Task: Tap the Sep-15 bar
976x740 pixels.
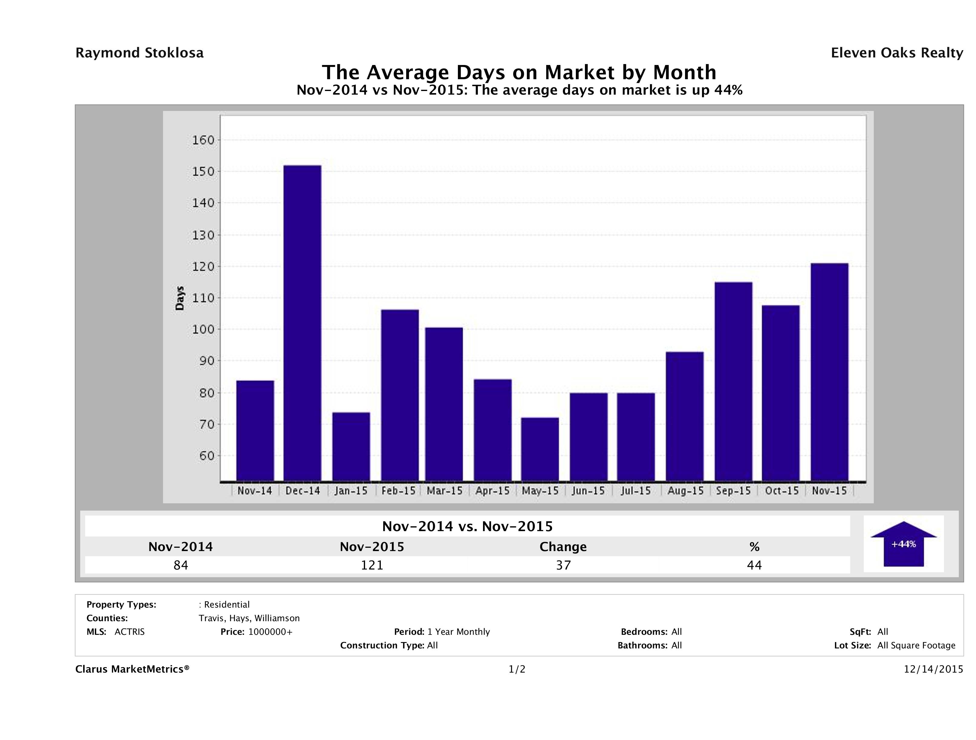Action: click(733, 381)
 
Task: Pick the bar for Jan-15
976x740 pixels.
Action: click(351, 446)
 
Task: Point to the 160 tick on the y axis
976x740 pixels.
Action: click(203, 140)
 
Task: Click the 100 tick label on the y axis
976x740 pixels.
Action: click(203, 329)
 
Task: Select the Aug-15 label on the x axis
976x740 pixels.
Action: click(685, 491)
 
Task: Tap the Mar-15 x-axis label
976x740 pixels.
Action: click(444, 491)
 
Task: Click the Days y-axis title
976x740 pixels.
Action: click(180, 298)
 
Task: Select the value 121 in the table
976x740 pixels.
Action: click(372, 565)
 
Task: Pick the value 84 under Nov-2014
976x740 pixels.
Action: click(181, 565)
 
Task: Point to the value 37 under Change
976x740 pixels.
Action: click(563, 565)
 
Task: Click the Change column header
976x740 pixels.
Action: click(563, 547)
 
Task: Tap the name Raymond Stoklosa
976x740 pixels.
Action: click(139, 53)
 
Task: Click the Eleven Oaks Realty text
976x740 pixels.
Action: click(896, 53)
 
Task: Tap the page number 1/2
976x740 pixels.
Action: click(517, 670)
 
